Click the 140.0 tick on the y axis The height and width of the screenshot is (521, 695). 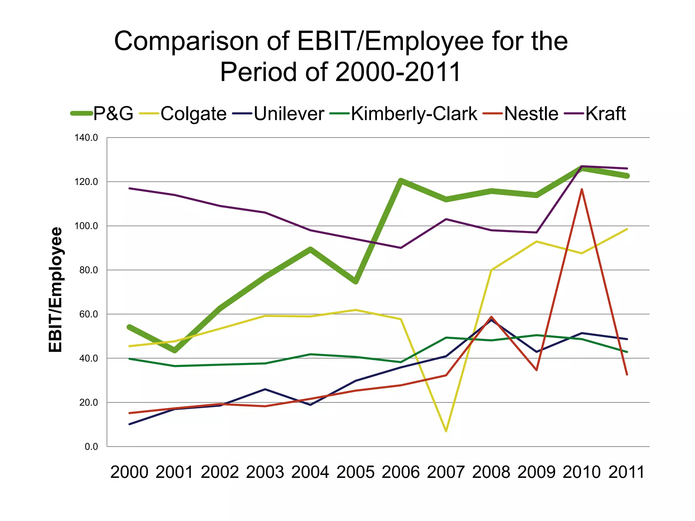click(86, 138)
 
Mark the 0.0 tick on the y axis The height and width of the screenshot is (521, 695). click(91, 447)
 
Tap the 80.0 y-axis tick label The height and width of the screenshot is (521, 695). click(88, 270)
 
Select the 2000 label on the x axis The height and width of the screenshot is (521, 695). click(129, 472)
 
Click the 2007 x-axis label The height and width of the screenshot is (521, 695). click(446, 472)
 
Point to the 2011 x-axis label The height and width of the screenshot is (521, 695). click(626, 472)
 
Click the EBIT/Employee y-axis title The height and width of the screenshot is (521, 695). click(56, 290)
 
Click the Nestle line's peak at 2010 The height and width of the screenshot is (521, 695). click(582, 189)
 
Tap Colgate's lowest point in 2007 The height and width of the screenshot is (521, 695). click(446, 431)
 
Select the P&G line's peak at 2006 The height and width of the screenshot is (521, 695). click(401, 180)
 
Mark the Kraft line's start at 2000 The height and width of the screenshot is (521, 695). click(130, 188)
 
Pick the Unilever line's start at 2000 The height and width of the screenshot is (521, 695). click(130, 424)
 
